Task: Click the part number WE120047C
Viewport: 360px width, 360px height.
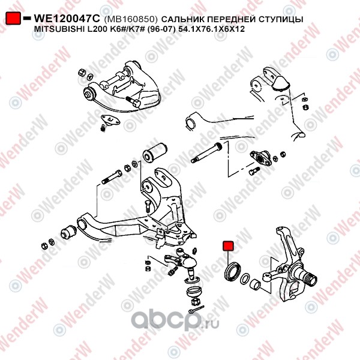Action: (67, 19)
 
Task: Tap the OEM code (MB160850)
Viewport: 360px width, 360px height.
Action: (131, 19)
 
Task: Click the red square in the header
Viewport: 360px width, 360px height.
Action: (13, 18)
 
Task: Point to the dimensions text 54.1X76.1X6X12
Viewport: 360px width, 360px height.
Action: (212, 29)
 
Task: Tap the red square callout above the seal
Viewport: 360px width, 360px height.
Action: (228, 246)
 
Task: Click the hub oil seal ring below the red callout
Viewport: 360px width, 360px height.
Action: (233, 271)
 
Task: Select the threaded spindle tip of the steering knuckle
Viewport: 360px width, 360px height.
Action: (312, 280)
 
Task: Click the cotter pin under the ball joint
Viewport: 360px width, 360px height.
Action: (197, 310)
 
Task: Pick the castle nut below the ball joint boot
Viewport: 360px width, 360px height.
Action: (195, 302)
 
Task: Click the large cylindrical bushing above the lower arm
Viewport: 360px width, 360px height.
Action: (155, 152)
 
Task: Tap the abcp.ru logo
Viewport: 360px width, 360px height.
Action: (175, 320)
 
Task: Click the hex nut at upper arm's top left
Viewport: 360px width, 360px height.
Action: (82, 73)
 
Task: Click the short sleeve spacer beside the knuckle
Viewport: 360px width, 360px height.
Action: (255, 284)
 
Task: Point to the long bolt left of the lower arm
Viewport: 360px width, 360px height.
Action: (112, 176)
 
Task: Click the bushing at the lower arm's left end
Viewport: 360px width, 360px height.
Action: (68, 232)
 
